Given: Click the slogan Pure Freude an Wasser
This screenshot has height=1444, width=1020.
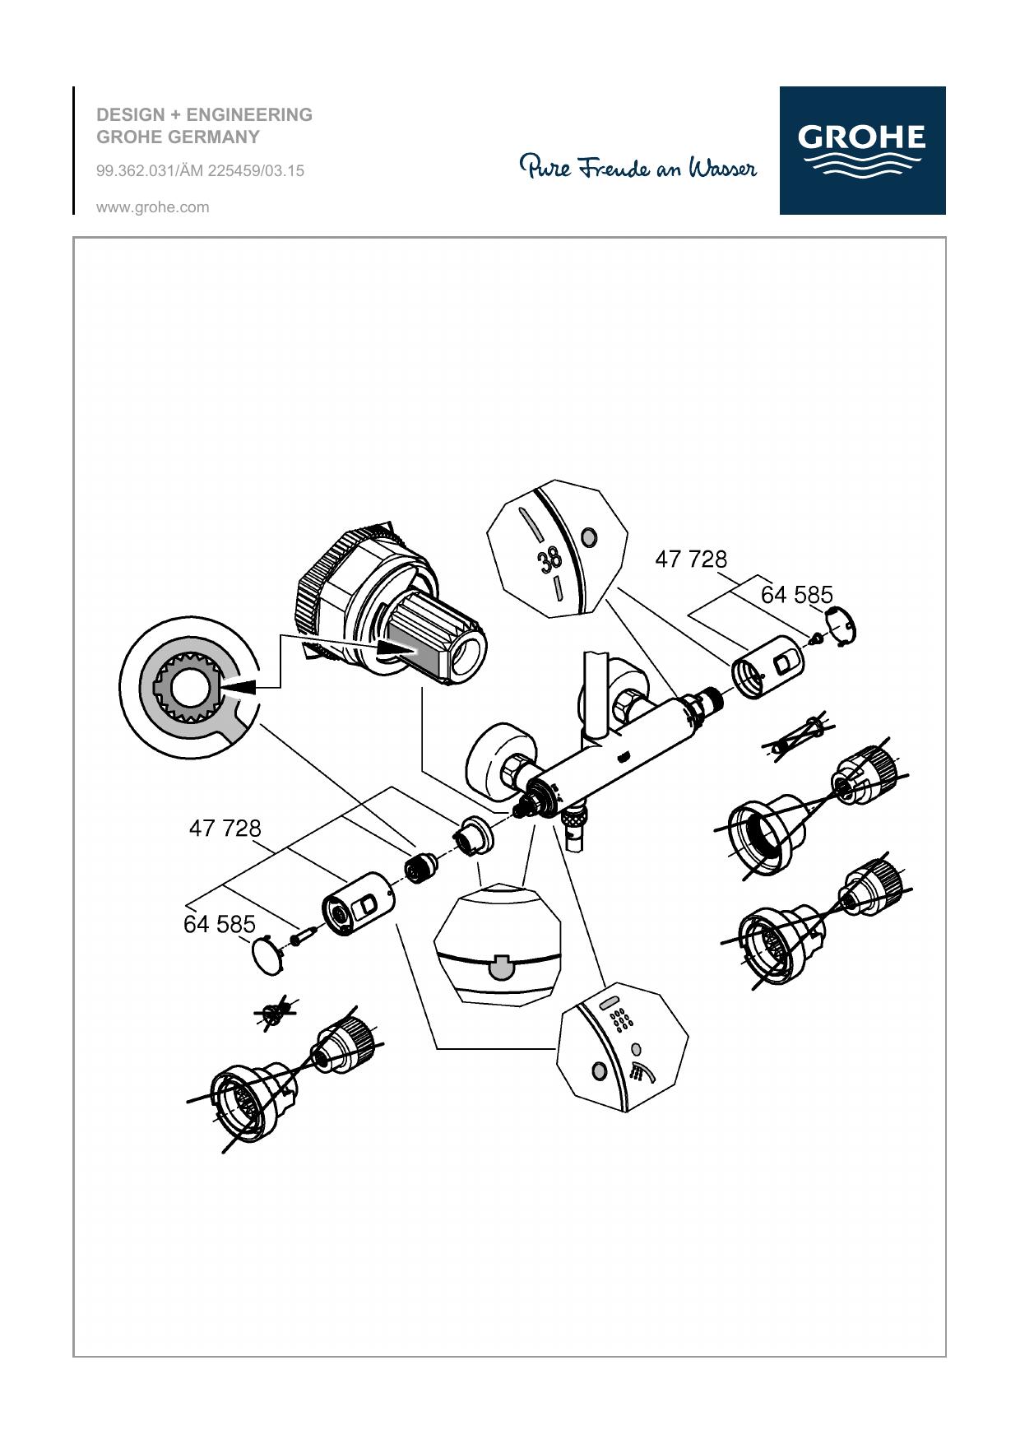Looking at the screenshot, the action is click(x=638, y=167).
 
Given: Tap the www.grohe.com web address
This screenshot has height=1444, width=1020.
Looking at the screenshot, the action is click(x=153, y=207).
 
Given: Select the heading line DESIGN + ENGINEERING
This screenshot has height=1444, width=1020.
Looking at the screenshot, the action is click(x=205, y=114).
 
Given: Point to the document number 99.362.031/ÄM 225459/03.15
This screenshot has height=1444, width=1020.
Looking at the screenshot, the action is click(x=201, y=170).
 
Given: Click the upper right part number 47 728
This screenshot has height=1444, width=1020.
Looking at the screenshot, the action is click(x=691, y=559).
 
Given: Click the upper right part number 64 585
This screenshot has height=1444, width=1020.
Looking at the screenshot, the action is click(x=796, y=594).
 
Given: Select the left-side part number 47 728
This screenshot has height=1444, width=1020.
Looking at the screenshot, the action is click(x=225, y=828).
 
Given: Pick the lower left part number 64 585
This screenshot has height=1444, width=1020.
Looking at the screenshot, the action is click(x=220, y=924).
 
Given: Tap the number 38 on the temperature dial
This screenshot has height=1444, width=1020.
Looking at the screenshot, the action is click(x=549, y=559).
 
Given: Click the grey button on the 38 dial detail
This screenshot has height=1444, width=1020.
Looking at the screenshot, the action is click(x=588, y=538).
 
